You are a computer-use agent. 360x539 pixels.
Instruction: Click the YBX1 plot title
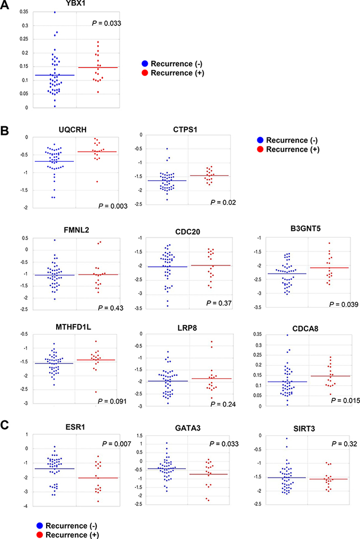pos(76,4)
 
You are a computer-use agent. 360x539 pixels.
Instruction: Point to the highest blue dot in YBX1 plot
pos(55,12)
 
